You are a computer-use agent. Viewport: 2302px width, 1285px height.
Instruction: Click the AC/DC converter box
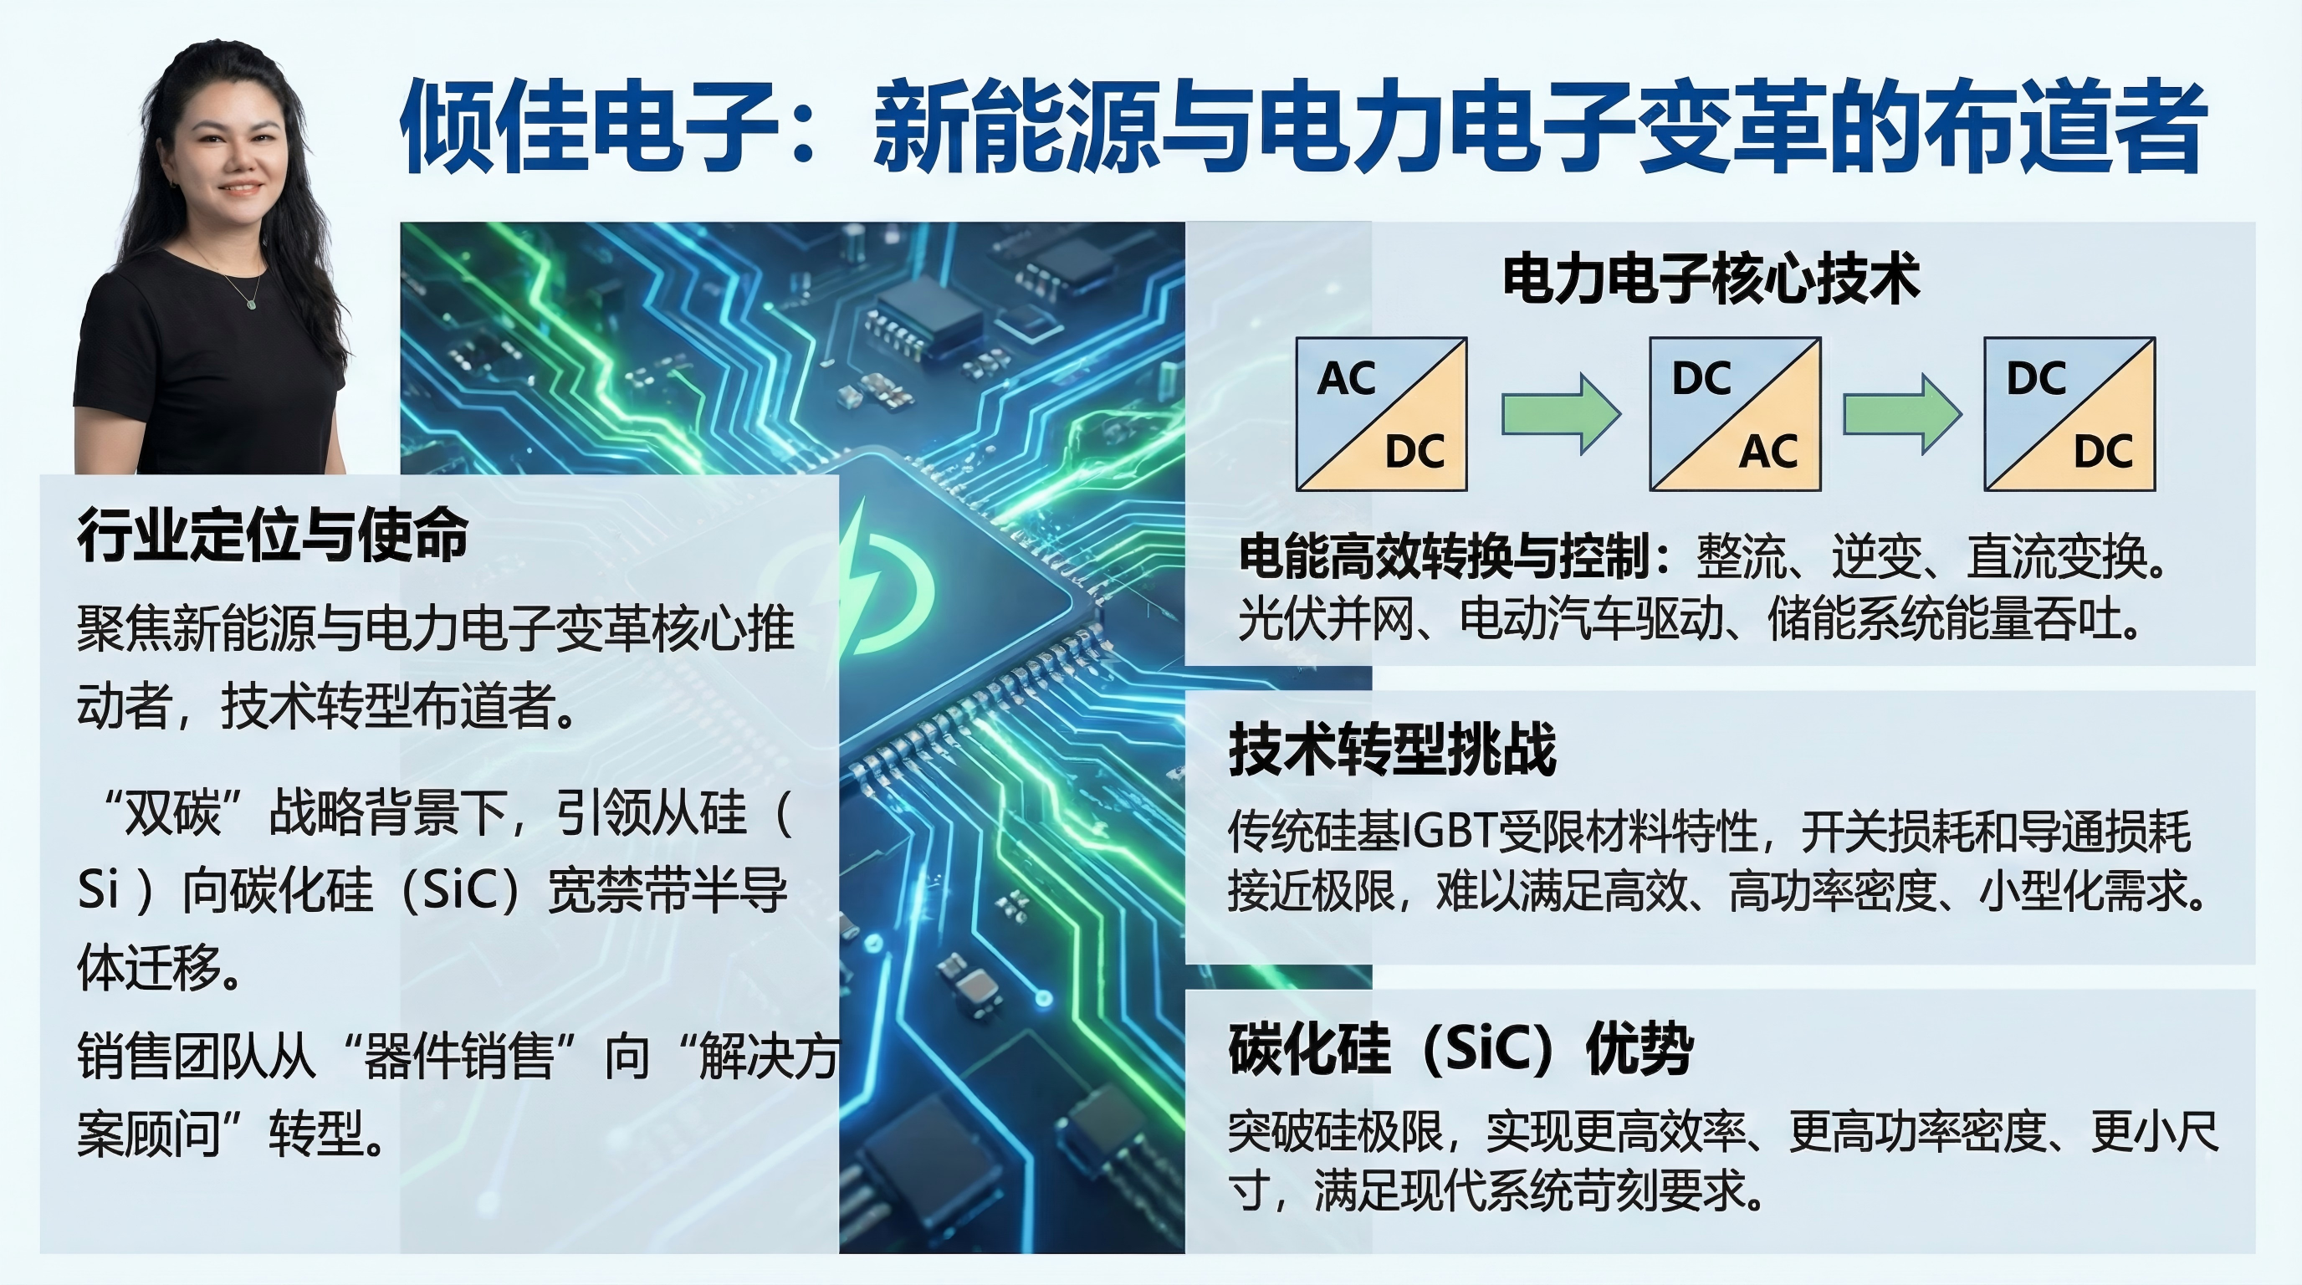pos(1382,414)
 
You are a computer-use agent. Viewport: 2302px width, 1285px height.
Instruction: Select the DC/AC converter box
pos(1735,414)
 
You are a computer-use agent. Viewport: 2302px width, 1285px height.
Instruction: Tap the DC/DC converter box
pos(2069,414)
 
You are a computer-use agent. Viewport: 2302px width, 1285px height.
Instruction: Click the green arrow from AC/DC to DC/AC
pos(1560,414)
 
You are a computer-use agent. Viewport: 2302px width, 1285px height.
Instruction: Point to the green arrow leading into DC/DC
pos(1902,414)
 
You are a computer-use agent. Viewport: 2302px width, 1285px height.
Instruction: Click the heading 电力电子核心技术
pos(1711,278)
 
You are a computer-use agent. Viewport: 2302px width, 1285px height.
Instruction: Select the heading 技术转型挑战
pos(1392,749)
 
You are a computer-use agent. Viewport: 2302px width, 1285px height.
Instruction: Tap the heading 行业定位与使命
pos(273,535)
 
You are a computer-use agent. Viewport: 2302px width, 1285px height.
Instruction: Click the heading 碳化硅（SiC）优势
pos(1460,1048)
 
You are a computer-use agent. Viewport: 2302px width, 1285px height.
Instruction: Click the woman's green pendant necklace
pos(252,303)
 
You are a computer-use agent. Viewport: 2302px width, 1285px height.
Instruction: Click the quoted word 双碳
pos(172,813)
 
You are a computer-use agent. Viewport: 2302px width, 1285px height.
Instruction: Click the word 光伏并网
pos(1326,619)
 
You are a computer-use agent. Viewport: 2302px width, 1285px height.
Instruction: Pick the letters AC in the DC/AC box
pos(1768,451)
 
